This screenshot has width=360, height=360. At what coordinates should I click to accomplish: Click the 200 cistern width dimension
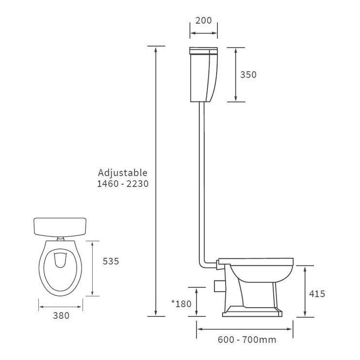pyautogui.click(x=203, y=21)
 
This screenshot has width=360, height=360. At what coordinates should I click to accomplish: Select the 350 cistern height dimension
pyautogui.click(x=248, y=75)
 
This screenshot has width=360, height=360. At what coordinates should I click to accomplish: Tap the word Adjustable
pyautogui.click(x=122, y=173)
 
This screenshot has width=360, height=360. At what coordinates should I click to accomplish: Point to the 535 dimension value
pyautogui.click(x=111, y=261)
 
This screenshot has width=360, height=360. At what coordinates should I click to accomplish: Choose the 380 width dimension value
pyautogui.click(x=61, y=315)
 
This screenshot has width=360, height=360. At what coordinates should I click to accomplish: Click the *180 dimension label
pyautogui.click(x=181, y=304)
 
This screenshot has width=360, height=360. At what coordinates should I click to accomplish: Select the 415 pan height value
pyautogui.click(x=316, y=294)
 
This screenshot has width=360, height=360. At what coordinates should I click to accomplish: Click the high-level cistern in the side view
pyautogui.click(x=203, y=75)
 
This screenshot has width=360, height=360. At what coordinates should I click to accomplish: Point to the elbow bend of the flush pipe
pyautogui.click(x=204, y=263)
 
